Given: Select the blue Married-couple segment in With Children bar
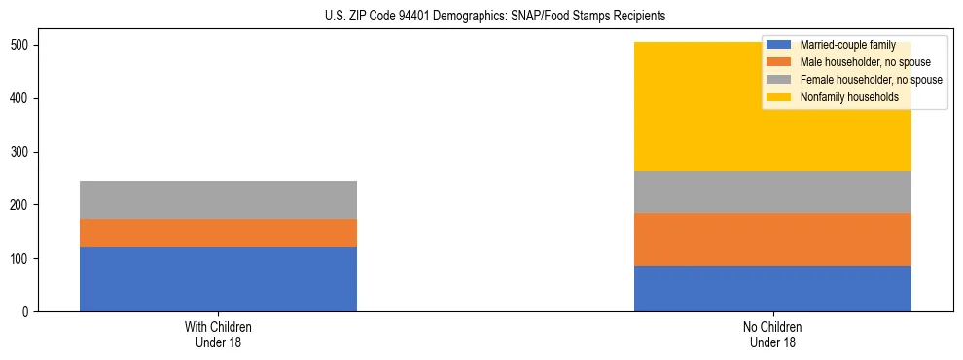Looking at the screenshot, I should click(x=218, y=279).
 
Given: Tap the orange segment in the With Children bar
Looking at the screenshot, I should click(x=218, y=234).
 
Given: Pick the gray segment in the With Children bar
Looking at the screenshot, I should click(x=218, y=199).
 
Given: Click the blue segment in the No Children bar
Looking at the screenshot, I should click(x=772, y=288).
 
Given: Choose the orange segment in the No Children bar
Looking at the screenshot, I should click(x=772, y=239).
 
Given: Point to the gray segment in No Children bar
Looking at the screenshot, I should click(x=772, y=193).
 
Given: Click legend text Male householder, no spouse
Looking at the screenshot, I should click(x=865, y=63).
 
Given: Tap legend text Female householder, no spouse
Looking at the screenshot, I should click(x=871, y=80).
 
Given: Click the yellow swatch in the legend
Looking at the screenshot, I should click(x=779, y=97).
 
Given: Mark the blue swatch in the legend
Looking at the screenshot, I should click(x=779, y=46).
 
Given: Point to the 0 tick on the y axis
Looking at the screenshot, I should click(x=29, y=312).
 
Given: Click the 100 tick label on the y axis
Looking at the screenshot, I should click(x=23, y=259).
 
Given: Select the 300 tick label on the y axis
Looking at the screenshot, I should click(x=23, y=153).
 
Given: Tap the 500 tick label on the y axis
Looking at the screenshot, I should click(x=23, y=46).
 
